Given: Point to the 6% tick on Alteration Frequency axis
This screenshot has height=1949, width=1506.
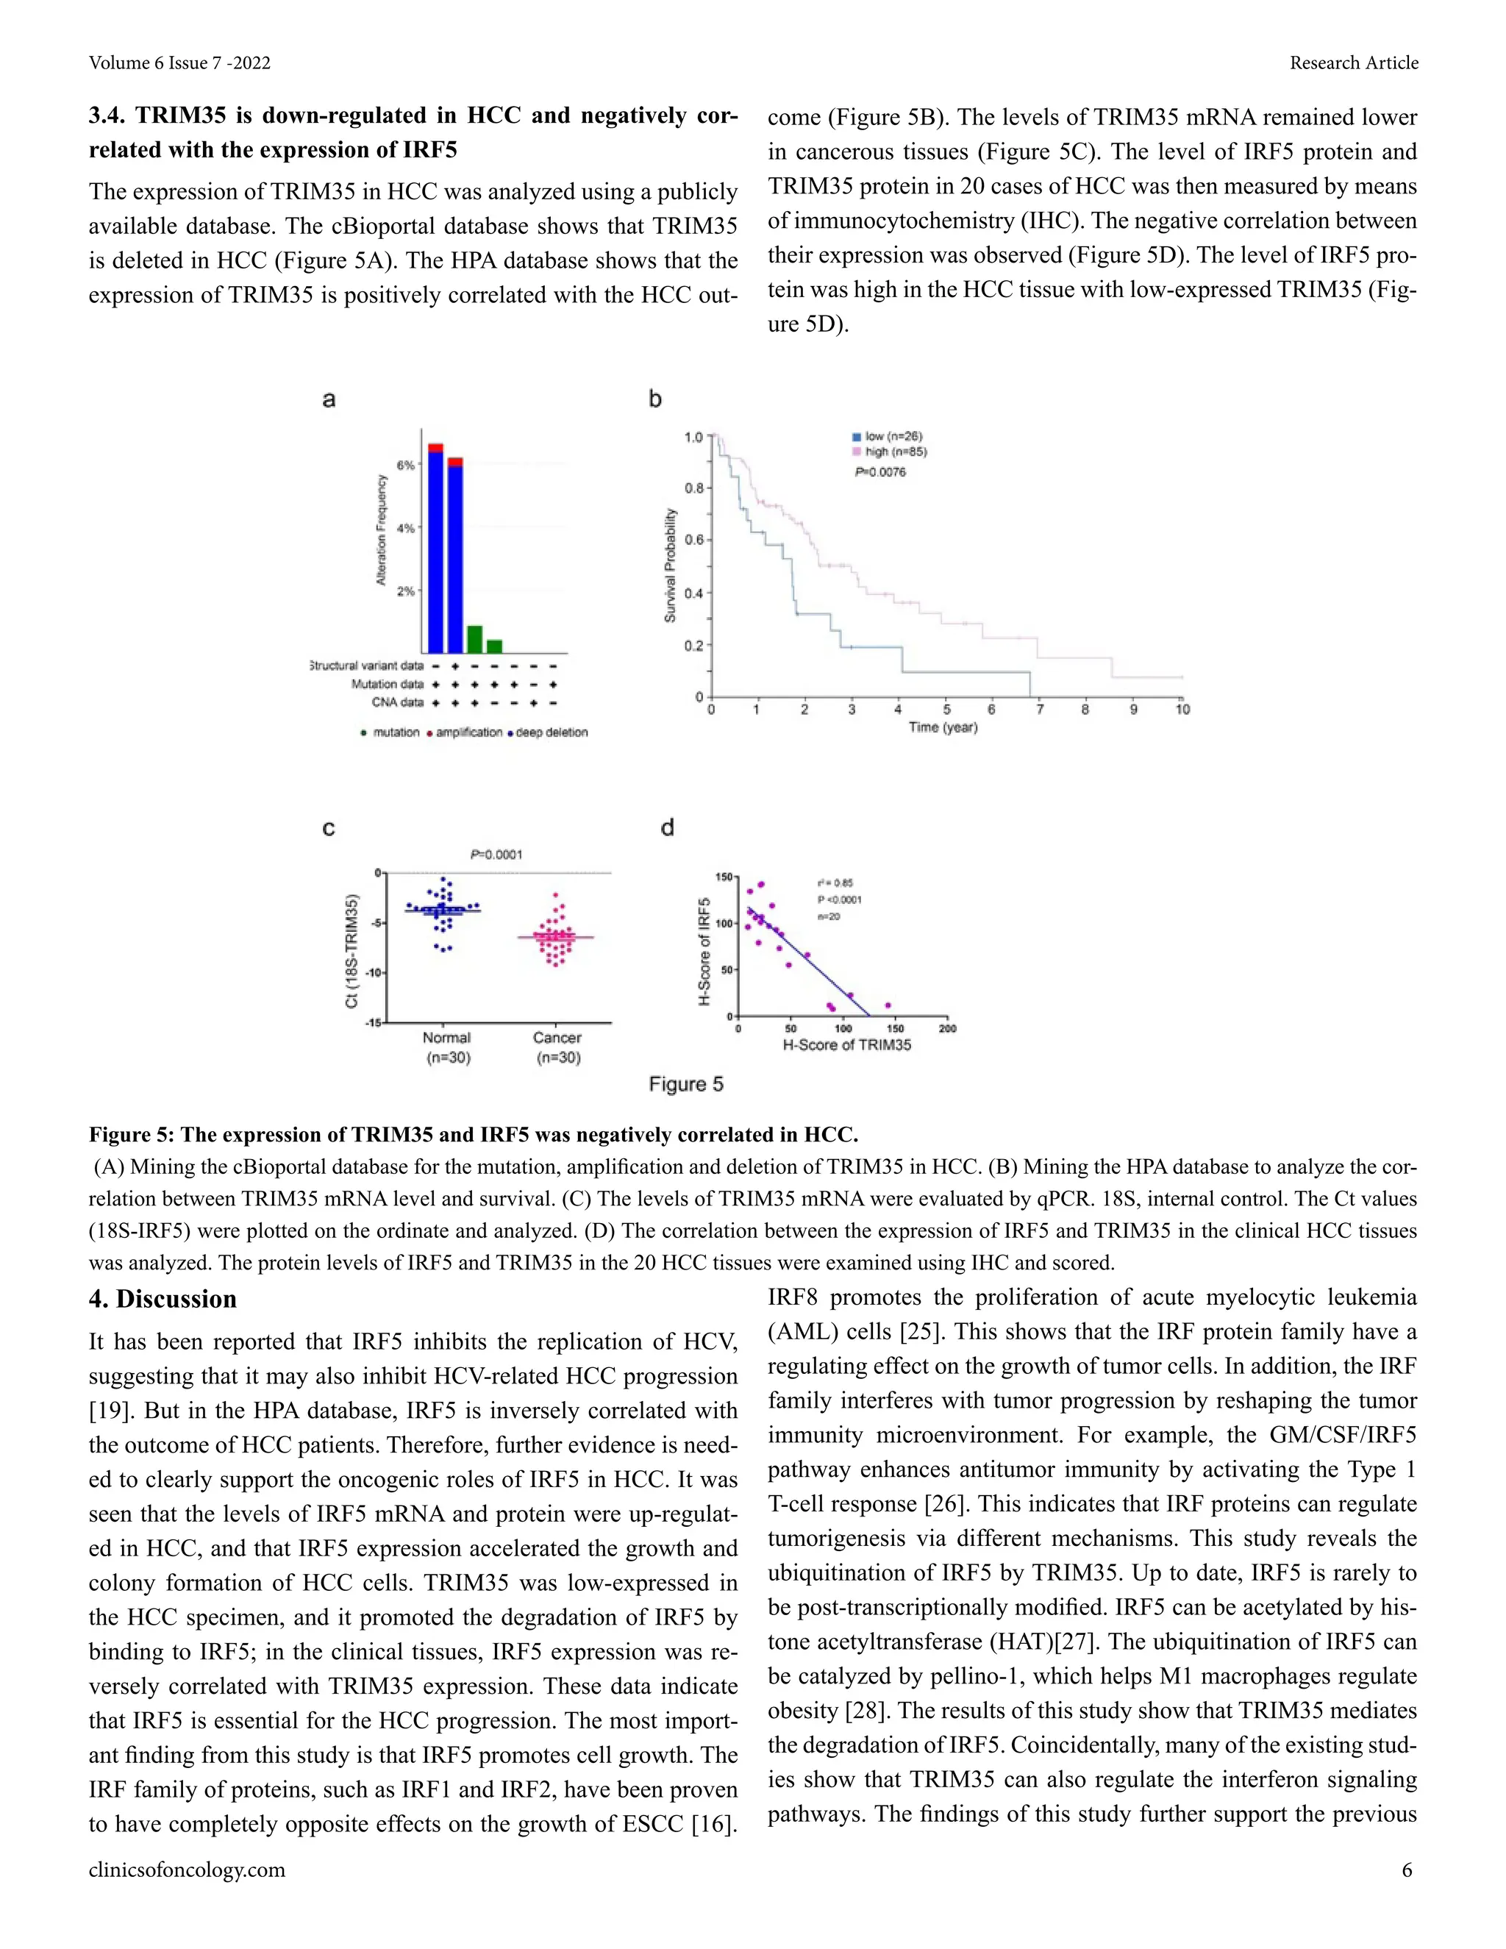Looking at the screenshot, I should pos(406,465).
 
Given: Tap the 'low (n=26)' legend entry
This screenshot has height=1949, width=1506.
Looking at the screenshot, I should pos(892,436).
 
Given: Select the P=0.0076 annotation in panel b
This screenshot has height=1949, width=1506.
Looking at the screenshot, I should pos(879,472).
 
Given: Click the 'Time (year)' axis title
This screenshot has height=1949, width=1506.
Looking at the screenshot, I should pos(943,727).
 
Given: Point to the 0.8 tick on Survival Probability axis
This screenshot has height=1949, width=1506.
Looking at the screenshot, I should pos(694,488).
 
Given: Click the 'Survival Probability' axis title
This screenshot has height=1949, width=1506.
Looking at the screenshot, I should pos(670,566).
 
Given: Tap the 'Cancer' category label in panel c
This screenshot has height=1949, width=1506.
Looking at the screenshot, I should pos(557,1038).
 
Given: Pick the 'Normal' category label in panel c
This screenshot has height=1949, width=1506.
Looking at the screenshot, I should pos(446,1038).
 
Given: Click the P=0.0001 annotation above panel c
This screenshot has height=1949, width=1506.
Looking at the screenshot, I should pos(496,854).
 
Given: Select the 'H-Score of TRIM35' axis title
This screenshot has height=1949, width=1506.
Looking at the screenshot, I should pos(846,1045).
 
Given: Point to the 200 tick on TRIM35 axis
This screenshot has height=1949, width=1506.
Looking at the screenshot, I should pos(947,1029).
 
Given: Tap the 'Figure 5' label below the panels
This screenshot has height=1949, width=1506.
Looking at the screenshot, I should pos(686,1084).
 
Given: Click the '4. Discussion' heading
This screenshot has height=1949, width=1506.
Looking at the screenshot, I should pos(163,1300).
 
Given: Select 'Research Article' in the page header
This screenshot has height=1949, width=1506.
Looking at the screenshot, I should pos(1354,63).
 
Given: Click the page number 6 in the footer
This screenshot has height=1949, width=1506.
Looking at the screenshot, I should pos(1407,1870).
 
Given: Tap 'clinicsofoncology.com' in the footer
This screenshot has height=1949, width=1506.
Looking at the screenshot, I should pos(187,1870).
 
